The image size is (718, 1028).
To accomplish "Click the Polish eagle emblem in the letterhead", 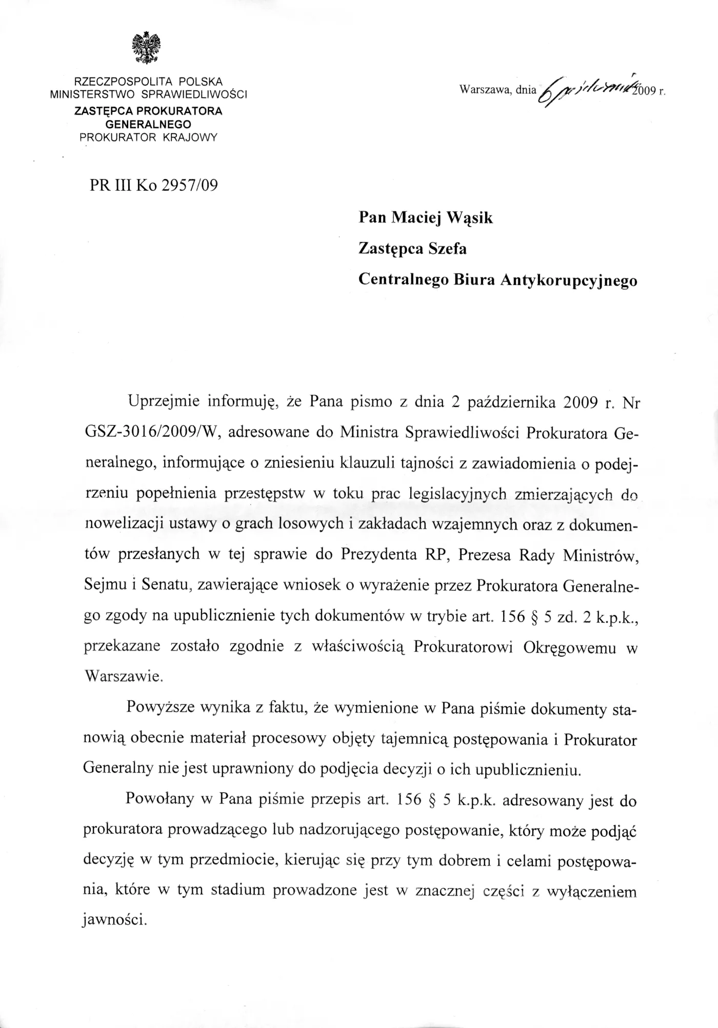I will (x=148, y=48).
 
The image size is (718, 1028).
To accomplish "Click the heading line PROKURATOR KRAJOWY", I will (x=148, y=137).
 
